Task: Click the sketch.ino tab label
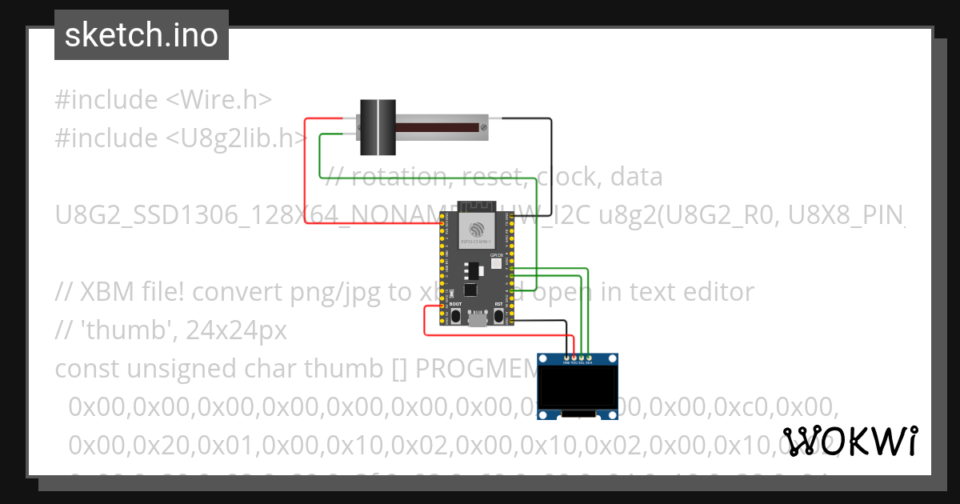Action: [x=141, y=35]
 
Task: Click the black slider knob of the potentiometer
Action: [x=377, y=126]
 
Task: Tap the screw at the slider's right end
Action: [x=482, y=126]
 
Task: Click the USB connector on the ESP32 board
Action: [x=478, y=319]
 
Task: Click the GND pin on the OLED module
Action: [x=567, y=357]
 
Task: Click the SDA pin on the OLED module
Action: [x=590, y=357]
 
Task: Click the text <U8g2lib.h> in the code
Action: [x=237, y=138]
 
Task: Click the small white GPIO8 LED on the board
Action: [x=495, y=263]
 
